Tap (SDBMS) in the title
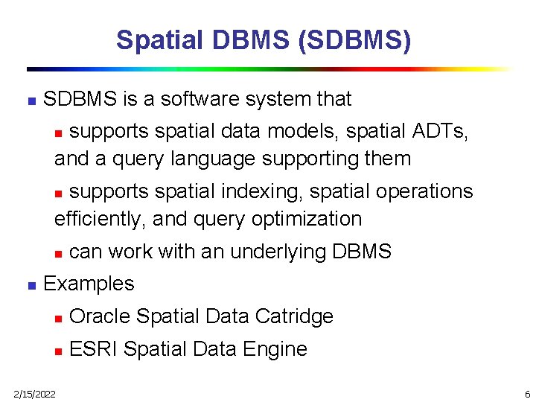[x=354, y=39]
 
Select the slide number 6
[x=527, y=393]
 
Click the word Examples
[x=89, y=284]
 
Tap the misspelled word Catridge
[x=294, y=316]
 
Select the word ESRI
[x=93, y=349]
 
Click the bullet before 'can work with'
[x=59, y=253]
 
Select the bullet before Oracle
[x=59, y=318]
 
